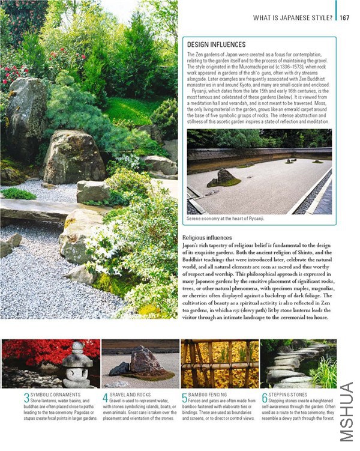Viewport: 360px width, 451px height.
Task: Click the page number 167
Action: pyautogui.click(x=344, y=17)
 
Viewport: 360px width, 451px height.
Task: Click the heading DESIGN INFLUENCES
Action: pyautogui.click(x=216, y=44)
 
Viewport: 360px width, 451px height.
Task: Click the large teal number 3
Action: pyautogui.click(x=26, y=398)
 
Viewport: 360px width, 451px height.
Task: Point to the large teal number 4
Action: pyautogui.click(x=105, y=398)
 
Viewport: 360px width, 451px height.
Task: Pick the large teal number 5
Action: pyautogui.click(x=184, y=398)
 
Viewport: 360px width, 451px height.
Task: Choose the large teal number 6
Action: pyautogui.click(x=264, y=398)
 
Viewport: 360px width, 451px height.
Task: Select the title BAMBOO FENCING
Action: pyautogui.click(x=208, y=395)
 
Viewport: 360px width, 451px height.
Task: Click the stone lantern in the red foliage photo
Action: pyautogui.click(x=78, y=364)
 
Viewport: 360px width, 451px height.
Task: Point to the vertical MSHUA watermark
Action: pyautogui.click(x=346, y=411)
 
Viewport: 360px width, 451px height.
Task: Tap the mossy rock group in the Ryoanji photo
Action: pyautogui.click(x=223, y=178)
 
